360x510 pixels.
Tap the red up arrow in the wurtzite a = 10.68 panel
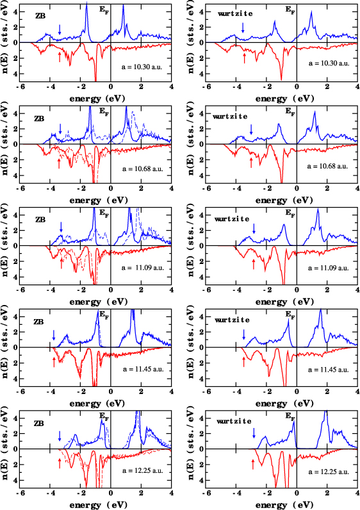pos(251,161)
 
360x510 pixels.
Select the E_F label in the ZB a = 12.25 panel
pos(104,416)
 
